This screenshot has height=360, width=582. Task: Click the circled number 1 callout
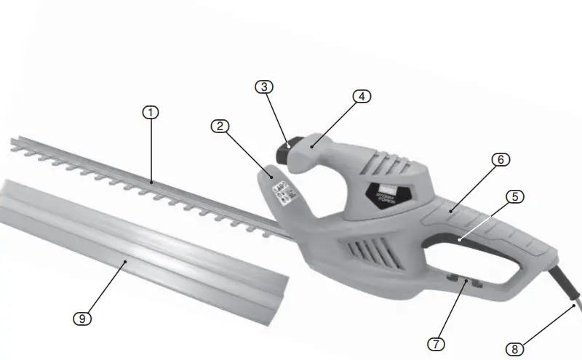point(150,112)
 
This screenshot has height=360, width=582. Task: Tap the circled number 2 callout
point(220,126)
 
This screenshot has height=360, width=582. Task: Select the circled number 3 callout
point(265,87)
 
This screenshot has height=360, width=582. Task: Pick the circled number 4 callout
point(362,96)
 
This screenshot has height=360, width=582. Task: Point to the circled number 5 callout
point(514,196)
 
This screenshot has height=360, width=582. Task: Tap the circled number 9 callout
point(84,318)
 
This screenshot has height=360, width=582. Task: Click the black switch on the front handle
point(285,152)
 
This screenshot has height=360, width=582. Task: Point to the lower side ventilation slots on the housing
point(363,251)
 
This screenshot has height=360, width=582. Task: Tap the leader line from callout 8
point(549,327)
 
